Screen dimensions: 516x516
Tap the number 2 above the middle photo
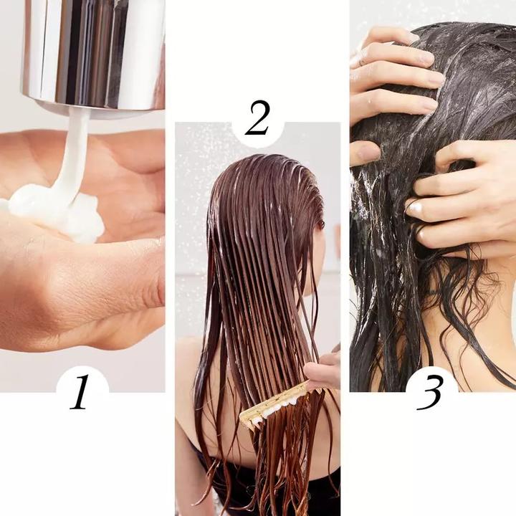(x=257, y=120)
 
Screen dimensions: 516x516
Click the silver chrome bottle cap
(x=93, y=50)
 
